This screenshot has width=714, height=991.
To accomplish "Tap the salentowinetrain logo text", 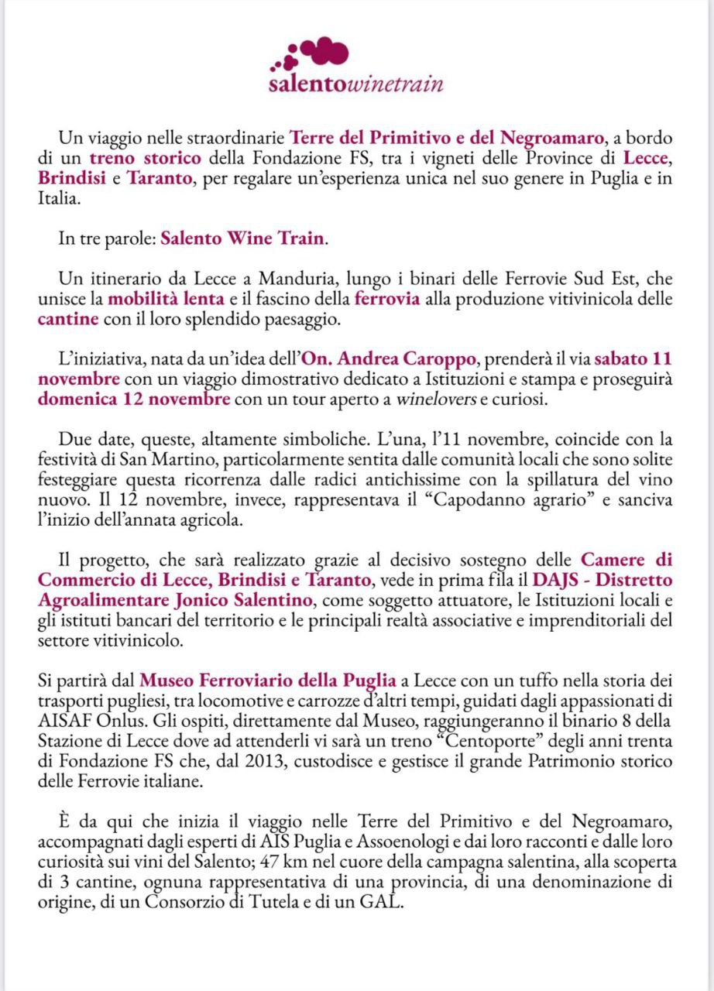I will click(x=355, y=84).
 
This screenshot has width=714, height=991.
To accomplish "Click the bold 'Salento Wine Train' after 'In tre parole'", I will click(x=243, y=238).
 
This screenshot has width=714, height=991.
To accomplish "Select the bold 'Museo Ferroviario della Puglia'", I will click(x=268, y=681).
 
